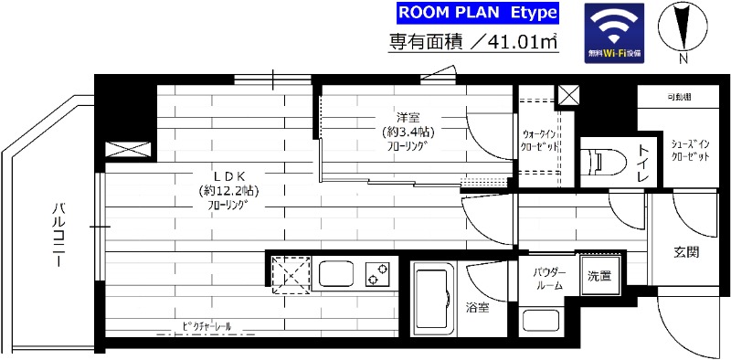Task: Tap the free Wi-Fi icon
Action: [x=614, y=33]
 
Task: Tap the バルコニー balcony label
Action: [x=57, y=236]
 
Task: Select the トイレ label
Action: [x=643, y=160]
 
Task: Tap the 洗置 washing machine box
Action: [x=599, y=275]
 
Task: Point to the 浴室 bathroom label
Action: [x=477, y=308]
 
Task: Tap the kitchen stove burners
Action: [x=376, y=273]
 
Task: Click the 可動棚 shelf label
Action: [x=678, y=97]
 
